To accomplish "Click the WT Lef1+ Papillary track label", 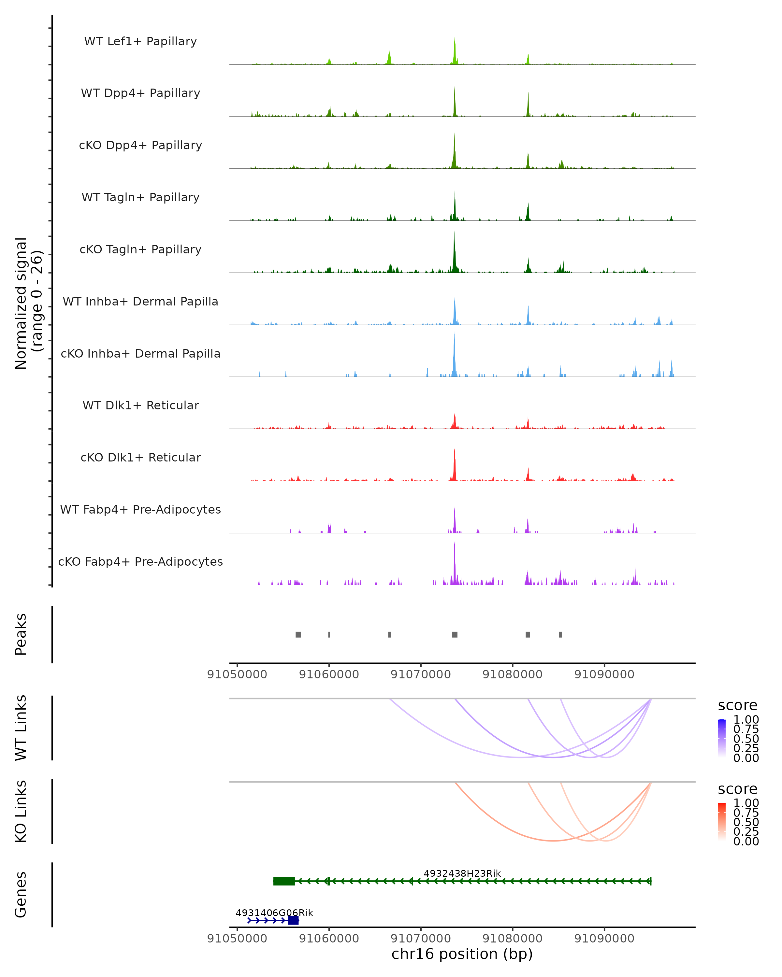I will (x=140, y=41).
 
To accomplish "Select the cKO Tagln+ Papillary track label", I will (x=140, y=249).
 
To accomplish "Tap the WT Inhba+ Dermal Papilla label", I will (x=140, y=301).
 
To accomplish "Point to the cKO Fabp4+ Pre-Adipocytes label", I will (x=140, y=561).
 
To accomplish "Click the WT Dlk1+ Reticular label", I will (x=140, y=405).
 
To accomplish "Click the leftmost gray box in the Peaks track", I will (x=298, y=634).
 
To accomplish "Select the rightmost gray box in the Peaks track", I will (x=560, y=634).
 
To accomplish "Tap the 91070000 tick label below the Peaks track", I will (x=421, y=674).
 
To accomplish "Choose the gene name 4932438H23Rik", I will (x=462, y=873).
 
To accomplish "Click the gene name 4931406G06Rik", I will (x=274, y=913).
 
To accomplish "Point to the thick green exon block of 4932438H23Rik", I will (x=284, y=881).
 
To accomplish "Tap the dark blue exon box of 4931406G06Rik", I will (x=293, y=920).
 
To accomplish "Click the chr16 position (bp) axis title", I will (x=462, y=954).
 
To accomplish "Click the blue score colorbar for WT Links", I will (x=722, y=738).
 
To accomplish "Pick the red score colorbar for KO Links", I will (x=722, y=822).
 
